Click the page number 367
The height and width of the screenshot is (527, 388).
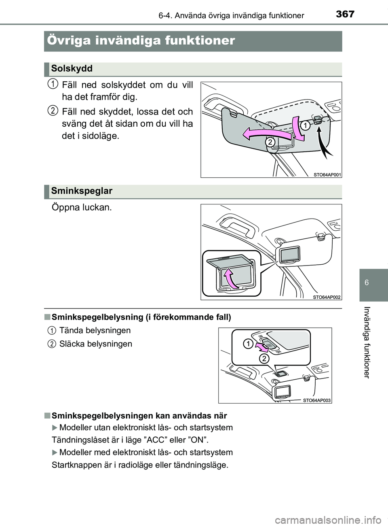pos(343,15)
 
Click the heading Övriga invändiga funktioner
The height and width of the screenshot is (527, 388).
pos(141,40)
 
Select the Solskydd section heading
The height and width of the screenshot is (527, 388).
pos(72,68)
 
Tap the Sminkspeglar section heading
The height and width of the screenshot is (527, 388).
pos(82,191)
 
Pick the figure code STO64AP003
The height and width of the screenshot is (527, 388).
pos(317,400)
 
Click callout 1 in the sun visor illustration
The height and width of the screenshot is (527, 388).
pos(304,126)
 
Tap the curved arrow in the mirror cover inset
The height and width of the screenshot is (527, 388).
pos(229,279)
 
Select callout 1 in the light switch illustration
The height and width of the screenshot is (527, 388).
pos(247,344)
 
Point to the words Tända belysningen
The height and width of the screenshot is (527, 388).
pos(95,330)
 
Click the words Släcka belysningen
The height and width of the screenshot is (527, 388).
pos(95,344)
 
